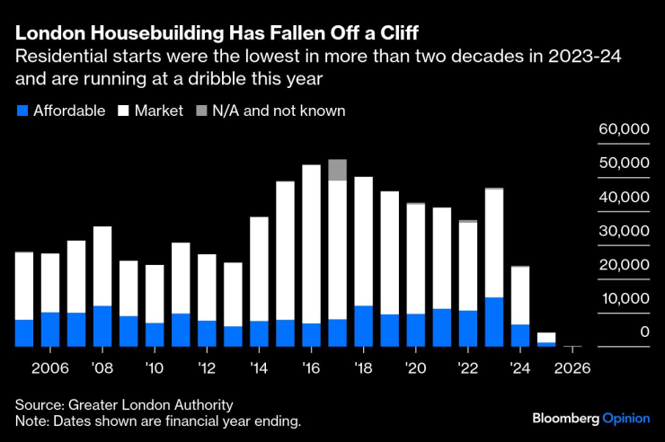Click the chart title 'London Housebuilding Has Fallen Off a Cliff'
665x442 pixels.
pyautogui.click(x=217, y=34)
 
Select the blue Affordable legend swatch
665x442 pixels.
pyautogui.click(x=22, y=111)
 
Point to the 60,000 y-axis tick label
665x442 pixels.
pyautogui.click(x=624, y=129)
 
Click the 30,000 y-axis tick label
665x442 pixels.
pyautogui.click(x=624, y=231)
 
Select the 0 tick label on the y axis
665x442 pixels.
pyautogui.click(x=643, y=332)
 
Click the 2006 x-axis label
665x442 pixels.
pyautogui.click(x=50, y=368)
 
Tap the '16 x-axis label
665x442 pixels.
pyautogui.click(x=311, y=368)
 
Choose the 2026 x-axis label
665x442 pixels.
pyautogui.click(x=572, y=368)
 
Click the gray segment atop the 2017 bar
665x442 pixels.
pyautogui.click(x=337, y=170)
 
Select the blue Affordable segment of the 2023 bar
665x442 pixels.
pyautogui.click(x=493, y=322)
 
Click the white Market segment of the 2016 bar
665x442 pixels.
pyautogui.click(x=311, y=243)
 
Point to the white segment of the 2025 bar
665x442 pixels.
pyautogui.click(x=546, y=338)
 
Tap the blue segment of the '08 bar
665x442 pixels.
pyautogui.click(x=102, y=326)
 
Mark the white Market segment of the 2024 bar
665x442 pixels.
pyautogui.click(x=520, y=296)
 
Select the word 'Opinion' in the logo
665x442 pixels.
pyautogui.click(x=626, y=419)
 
